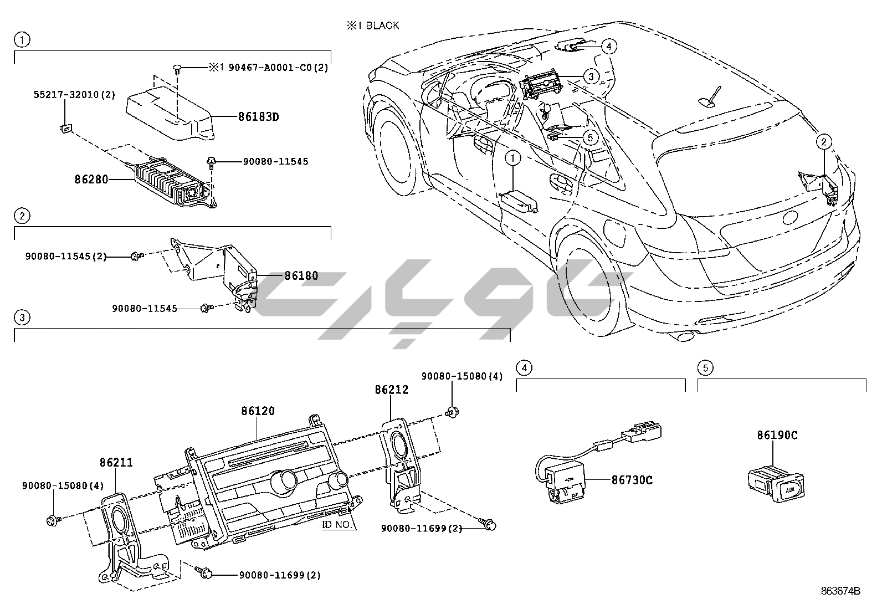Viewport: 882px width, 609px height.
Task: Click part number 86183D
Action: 258,117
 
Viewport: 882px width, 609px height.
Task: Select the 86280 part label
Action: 91,180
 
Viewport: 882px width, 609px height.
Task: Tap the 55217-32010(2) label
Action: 73,95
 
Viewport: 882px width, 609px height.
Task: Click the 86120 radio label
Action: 258,411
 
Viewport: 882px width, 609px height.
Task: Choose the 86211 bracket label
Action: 116,462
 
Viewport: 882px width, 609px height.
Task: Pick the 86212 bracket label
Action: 391,390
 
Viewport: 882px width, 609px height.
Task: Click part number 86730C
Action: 632,480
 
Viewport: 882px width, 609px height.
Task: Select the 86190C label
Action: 777,435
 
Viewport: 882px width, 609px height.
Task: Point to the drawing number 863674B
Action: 840,591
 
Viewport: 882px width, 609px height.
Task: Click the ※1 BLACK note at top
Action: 372,25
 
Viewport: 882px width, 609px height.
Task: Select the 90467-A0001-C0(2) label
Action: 268,68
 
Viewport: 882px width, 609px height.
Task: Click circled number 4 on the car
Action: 608,46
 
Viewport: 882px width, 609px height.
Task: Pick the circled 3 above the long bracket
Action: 22,318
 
